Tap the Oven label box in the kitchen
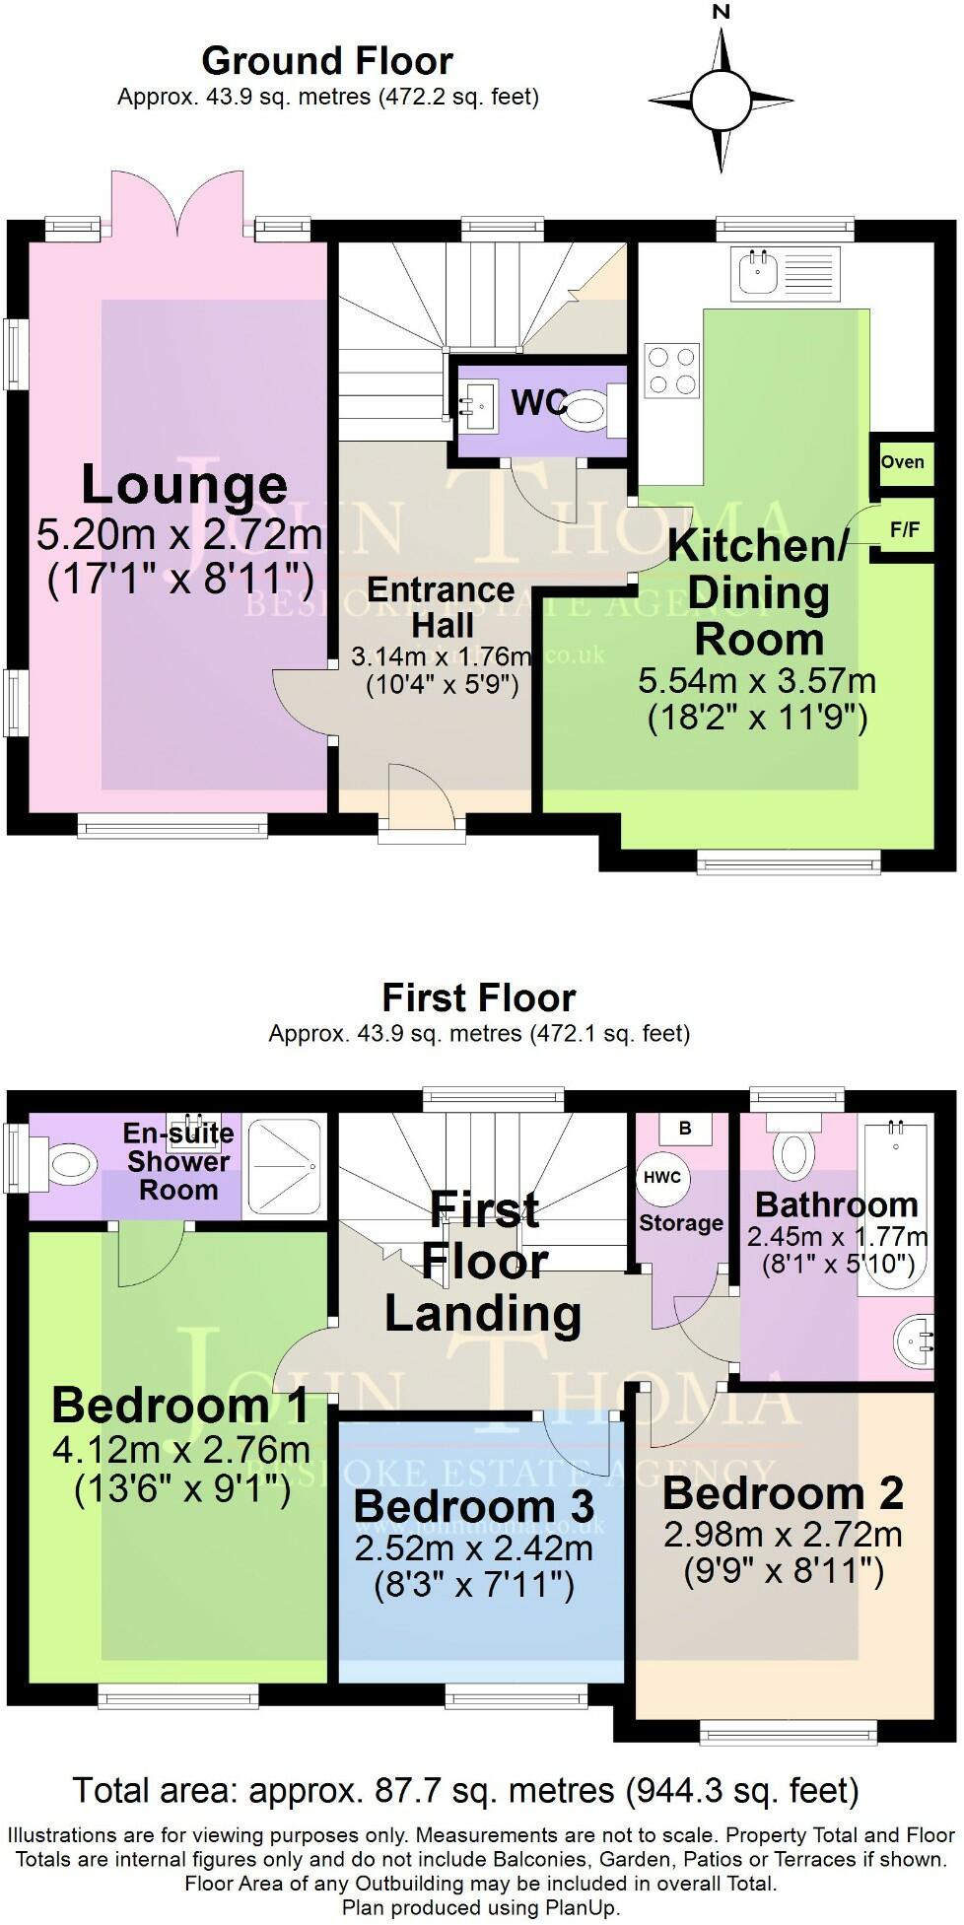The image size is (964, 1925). (x=902, y=462)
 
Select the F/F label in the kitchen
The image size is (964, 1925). (x=904, y=529)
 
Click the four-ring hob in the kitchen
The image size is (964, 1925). (x=672, y=372)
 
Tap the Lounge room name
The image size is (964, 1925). (x=184, y=485)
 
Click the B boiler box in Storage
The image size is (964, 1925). (x=686, y=1129)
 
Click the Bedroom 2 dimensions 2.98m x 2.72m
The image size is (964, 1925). (x=783, y=1535)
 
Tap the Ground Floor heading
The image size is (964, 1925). (x=326, y=61)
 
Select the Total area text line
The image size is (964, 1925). (x=465, y=1789)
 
